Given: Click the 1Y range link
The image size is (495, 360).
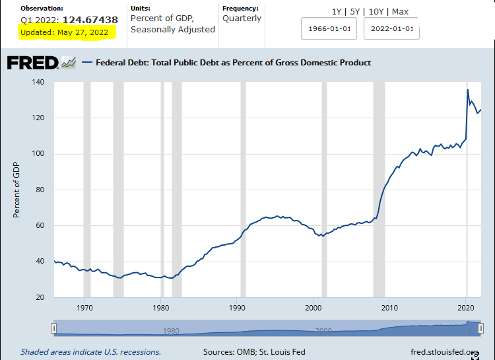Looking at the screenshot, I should [x=337, y=11].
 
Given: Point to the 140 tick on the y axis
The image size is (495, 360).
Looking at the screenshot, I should [x=39, y=83].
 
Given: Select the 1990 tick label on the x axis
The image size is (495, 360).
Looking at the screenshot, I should [x=238, y=308].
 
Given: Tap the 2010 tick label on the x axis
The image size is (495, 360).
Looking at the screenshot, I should [x=389, y=308].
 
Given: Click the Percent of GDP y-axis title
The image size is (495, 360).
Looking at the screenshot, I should [x=16, y=190].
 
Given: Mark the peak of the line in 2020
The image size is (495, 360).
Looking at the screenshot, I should [x=468, y=90].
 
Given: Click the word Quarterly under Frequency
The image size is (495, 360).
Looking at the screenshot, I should [x=242, y=18].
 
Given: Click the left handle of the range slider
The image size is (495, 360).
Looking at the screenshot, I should [x=55, y=328].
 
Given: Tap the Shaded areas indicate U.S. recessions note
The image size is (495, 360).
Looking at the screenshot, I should [x=90, y=352].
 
